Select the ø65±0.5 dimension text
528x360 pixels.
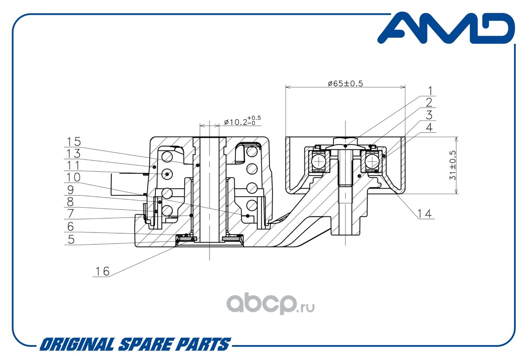(x=345, y=83)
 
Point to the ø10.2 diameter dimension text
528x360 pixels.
(x=242, y=121)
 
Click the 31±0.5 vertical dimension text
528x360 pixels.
(x=453, y=166)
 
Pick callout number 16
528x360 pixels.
(x=102, y=271)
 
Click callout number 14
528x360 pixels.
(x=424, y=214)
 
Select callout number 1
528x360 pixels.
(x=430, y=91)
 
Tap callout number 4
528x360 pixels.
(x=429, y=128)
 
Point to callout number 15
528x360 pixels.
(x=74, y=142)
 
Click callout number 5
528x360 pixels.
(x=71, y=239)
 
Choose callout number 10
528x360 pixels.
(x=73, y=177)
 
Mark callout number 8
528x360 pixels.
(x=70, y=202)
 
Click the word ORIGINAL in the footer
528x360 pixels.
(x=77, y=344)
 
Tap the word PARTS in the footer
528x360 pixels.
(x=203, y=344)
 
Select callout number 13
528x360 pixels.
(x=74, y=154)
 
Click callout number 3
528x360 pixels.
(x=429, y=115)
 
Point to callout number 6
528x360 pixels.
(x=71, y=227)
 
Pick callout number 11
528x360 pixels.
(x=73, y=166)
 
